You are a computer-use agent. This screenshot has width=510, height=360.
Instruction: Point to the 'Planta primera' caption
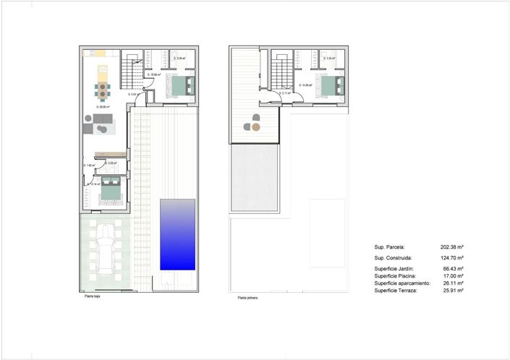[247, 296]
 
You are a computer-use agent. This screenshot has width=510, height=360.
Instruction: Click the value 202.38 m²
[451, 246]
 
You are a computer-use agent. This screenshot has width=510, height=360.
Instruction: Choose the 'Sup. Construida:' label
[394, 258]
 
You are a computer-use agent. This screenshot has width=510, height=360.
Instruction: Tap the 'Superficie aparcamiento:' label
[402, 283]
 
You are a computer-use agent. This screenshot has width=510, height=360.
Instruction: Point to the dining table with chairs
[103, 90]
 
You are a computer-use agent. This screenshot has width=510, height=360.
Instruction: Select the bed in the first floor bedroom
[329, 87]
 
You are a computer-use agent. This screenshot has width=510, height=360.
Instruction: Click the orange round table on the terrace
[256, 127]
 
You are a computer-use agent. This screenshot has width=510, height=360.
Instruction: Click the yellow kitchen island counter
[102, 69]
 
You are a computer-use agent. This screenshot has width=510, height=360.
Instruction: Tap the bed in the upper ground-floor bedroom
[180, 87]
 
